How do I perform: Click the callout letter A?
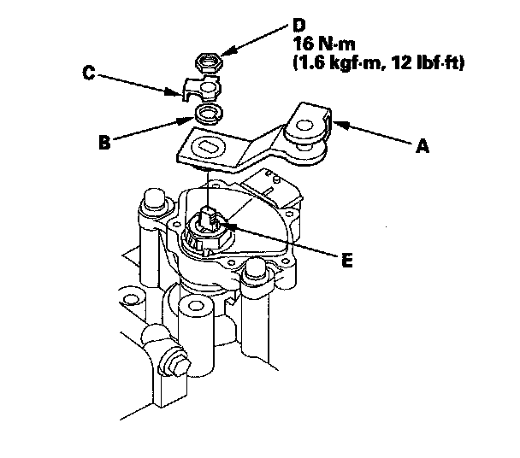422,146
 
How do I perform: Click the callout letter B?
105,143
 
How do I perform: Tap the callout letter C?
89,73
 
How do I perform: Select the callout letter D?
299,25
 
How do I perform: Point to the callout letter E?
347,260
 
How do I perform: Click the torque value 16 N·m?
323,44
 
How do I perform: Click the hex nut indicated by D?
209,62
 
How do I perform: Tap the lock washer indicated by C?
203,89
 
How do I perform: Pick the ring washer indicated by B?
209,114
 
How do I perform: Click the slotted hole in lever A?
208,146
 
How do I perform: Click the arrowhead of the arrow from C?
174,91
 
